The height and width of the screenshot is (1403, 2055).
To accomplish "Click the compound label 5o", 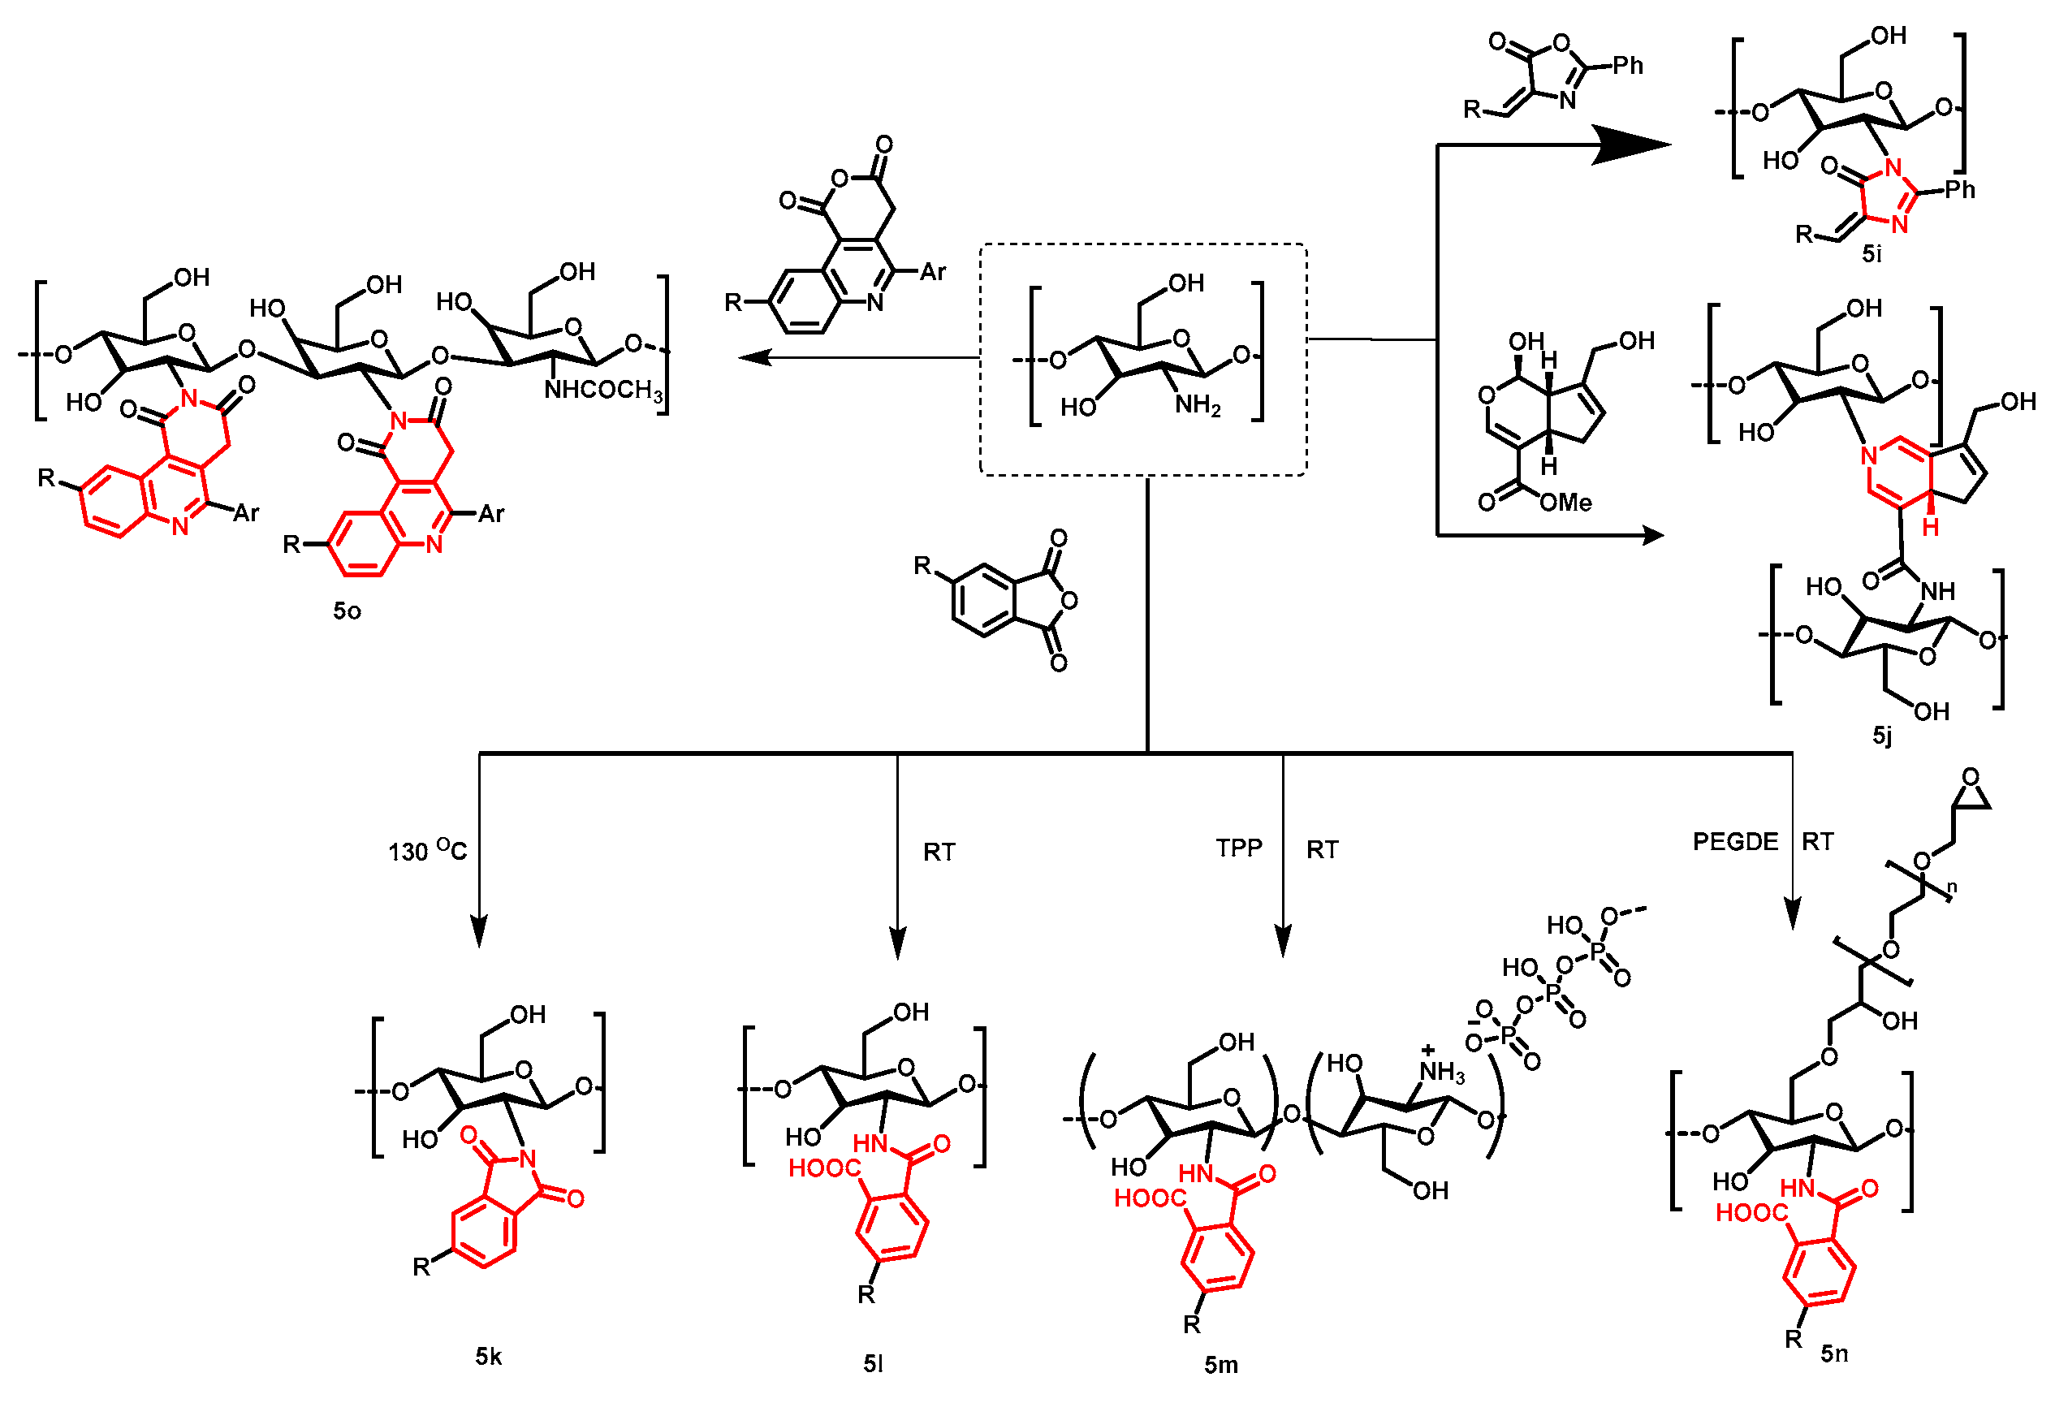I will click(347, 611).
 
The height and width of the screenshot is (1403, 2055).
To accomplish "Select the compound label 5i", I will click(1872, 255).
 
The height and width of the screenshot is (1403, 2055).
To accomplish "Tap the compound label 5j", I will click(1883, 736).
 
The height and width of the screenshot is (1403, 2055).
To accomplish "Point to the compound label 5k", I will click(488, 1356).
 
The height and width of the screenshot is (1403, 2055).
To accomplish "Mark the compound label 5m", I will click(1220, 1365).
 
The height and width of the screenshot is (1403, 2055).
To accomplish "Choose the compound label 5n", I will click(1834, 1353).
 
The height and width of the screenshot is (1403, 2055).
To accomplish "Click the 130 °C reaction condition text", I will click(427, 850).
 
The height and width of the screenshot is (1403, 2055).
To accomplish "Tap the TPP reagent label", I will click(1239, 848).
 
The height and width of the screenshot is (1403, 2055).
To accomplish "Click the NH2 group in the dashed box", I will click(1198, 406).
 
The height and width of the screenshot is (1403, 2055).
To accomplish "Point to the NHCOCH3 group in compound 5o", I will click(604, 390).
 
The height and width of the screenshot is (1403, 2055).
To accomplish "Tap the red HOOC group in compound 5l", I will click(823, 1168).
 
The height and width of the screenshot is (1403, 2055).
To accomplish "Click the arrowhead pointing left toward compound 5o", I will click(752, 357).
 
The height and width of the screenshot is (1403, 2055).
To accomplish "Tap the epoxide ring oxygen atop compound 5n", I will click(1971, 777).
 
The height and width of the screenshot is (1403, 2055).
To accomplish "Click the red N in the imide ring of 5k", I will click(528, 1158).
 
